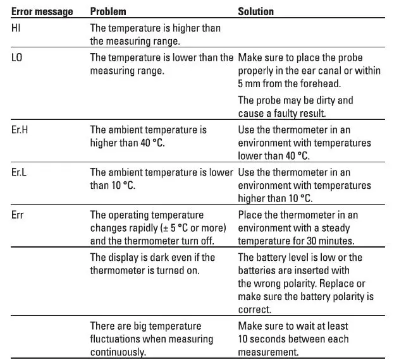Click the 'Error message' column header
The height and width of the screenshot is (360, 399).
coord(42,11)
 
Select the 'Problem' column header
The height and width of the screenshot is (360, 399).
coord(108,11)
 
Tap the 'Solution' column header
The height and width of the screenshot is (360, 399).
coord(255,11)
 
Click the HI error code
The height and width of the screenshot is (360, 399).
coord(16,28)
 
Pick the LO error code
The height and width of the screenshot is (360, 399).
coord(17,57)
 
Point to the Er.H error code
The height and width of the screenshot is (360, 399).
coord(20,130)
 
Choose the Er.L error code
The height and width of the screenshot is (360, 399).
coord(20,172)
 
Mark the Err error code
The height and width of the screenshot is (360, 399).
coord(18,215)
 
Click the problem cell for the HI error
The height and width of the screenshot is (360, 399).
coord(155,35)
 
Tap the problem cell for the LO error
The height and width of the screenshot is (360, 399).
coord(161,64)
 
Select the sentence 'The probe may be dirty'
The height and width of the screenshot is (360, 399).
coord(295,106)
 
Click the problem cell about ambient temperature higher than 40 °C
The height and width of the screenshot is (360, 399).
coord(149,136)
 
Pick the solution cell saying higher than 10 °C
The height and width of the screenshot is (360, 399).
coord(304,185)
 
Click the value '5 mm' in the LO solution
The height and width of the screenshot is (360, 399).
coord(249,83)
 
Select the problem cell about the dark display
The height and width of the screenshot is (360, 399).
coord(152,263)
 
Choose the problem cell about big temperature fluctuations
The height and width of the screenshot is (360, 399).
coord(151,339)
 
